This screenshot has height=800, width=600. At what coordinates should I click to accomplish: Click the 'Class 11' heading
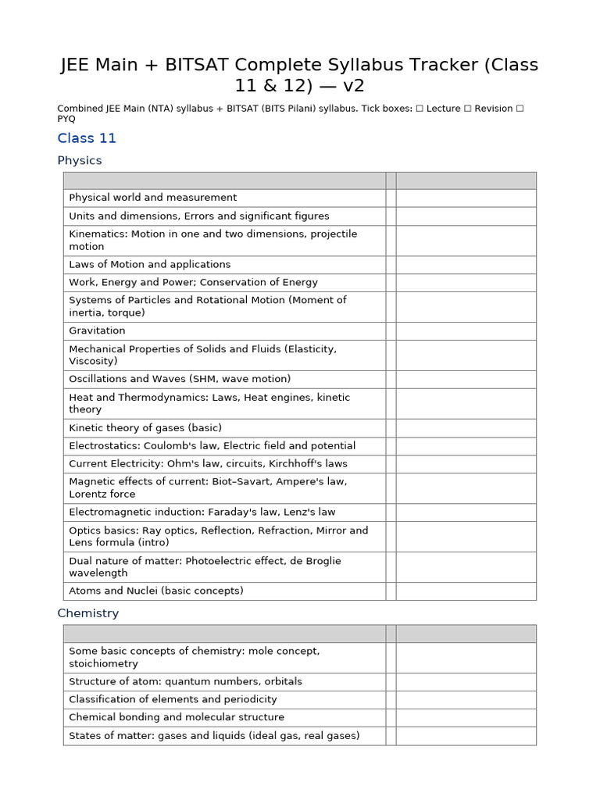(x=87, y=138)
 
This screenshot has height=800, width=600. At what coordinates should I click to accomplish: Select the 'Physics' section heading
(x=80, y=160)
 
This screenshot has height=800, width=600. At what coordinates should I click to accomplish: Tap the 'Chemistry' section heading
(x=88, y=613)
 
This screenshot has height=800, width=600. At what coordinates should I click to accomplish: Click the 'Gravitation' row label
(x=97, y=330)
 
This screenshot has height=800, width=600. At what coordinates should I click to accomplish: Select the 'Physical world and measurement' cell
(x=152, y=198)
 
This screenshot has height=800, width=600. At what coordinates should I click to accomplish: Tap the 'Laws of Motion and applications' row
(x=150, y=264)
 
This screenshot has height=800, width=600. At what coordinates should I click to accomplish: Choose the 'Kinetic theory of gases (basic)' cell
(x=145, y=427)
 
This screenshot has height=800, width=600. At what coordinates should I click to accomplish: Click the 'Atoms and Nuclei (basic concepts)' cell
(x=156, y=591)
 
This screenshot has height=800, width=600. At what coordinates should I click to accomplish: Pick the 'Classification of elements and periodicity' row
(x=173, y=699)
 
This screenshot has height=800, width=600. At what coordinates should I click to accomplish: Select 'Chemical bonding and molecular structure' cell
(x=177, y=717)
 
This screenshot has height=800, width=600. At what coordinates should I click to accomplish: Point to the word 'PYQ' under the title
(x=67, y=120)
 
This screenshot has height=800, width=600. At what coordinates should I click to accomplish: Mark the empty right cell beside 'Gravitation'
(x=466, y=330)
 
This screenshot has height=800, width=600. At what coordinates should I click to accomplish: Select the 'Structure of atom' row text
(x=110, y=681)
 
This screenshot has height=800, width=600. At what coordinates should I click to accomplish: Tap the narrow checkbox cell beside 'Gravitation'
(x=391, y=330)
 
